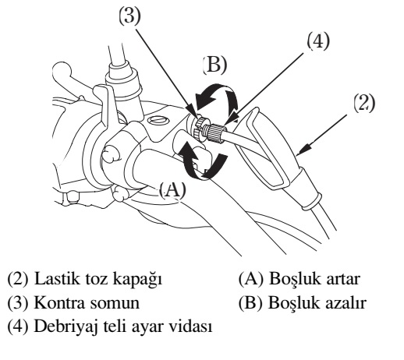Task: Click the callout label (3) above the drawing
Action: point(129,16)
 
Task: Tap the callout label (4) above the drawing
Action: point(318,41)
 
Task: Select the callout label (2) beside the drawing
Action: point(365,103)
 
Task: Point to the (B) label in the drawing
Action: point(214,65)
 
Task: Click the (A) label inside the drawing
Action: point(172,189)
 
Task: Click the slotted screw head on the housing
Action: point(158,120)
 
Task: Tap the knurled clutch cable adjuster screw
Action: point(216,132)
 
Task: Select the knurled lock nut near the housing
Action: point(200,128)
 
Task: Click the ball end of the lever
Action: point(62,71)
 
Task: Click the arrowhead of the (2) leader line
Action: point(303,150)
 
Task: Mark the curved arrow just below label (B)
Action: point(216,98)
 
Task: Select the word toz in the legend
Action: point(97,279)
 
